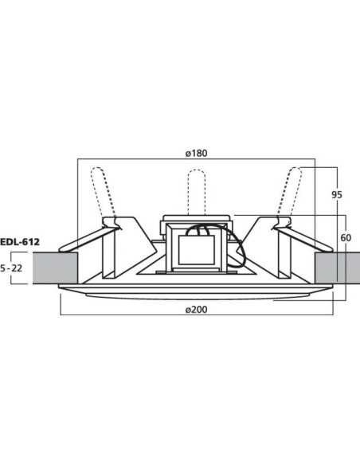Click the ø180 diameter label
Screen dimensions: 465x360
197,154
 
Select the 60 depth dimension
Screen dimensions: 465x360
345,236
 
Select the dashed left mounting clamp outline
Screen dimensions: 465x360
100,191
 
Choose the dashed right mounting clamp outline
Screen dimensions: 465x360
292,191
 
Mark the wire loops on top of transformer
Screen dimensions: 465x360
197,231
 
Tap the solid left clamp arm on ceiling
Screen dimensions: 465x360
88,239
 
